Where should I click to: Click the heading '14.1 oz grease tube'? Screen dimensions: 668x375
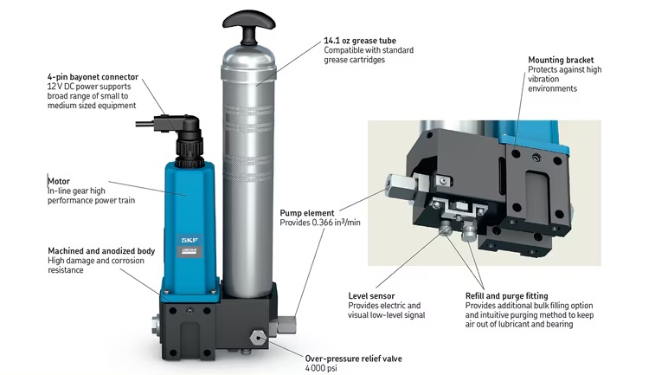tap(360, 41)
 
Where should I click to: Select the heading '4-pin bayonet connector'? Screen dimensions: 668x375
tap(93, 77)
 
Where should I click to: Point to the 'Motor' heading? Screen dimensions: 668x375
tap(59, 181)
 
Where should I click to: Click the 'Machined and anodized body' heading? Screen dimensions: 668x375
tap(101, 251)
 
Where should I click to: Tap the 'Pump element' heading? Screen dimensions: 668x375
tap(307, 213)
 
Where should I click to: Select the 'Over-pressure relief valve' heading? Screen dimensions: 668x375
tap(354, 359)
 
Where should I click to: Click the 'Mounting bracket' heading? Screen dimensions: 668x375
tap(561, 60)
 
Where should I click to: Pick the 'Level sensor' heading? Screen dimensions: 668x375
tap(371, 295)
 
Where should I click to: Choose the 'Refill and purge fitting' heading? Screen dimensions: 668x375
tap(506, 295)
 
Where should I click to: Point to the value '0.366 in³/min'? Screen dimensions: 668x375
tap(336, 223)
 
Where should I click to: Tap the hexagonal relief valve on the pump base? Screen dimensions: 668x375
tap(257, 337)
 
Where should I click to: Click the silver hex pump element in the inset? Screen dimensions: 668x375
tap(401, 185)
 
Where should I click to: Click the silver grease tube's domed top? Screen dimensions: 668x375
tap(249, 55)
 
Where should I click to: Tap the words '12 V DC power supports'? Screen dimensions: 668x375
tap(89, 87)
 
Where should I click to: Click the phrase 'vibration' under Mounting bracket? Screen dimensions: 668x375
tap(543, 79)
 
